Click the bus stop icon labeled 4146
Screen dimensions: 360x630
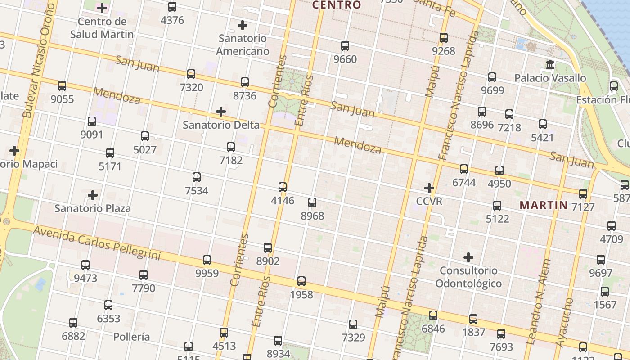(283, 187)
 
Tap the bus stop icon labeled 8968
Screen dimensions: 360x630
(312, 202)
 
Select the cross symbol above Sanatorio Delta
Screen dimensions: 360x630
(221, 111)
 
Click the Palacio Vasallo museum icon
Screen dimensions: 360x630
(550, 65)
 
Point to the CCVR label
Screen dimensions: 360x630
(429, 201)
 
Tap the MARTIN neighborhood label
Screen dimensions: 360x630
(544, 206)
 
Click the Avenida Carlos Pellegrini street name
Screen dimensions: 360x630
(97, 243)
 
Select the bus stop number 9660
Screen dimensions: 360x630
(345, 59)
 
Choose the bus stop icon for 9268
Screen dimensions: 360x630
(444, 38)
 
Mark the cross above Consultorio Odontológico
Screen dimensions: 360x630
(468, 257)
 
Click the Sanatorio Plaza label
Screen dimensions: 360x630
(93, 208)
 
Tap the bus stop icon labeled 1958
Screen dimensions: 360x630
(301, 281)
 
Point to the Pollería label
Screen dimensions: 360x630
(131, 337)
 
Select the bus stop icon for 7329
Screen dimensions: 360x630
(353, 324)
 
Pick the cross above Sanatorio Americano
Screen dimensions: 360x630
(243, 25)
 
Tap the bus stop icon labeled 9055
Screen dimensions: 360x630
(62, 85)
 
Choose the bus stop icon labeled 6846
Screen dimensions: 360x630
(433, 315)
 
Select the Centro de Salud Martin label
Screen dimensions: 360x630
(102, 28)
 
